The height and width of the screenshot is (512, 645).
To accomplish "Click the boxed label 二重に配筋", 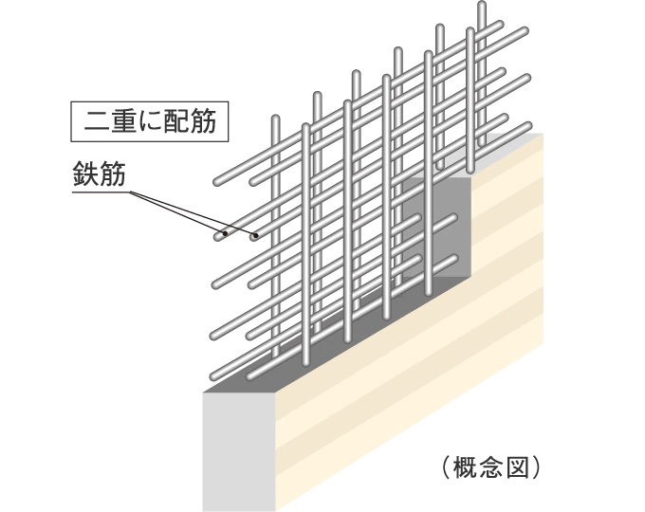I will click(x=151, y=121).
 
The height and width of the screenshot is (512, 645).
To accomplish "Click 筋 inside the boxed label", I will click(x=205, y=121).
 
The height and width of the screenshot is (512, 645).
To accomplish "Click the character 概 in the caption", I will click(x=463, y=466).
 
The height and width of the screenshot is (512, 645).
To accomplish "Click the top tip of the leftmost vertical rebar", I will click(x=275, y=119).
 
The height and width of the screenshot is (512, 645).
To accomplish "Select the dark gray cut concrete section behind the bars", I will click(x=446, y=228).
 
